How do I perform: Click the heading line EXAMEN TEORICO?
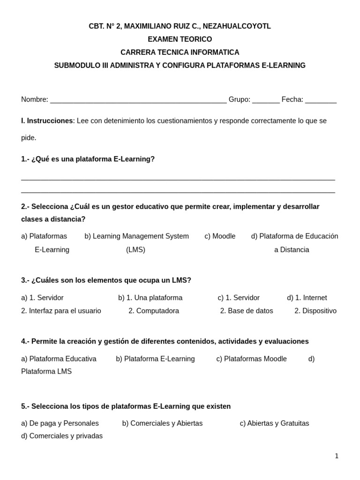180,39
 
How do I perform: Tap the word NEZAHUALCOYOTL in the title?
237,26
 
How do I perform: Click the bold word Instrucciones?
50,121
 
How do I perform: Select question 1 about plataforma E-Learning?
88,159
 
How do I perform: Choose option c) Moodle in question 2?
220,236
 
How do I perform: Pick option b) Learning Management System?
136,236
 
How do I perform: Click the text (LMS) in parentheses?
135,250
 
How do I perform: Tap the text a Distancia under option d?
292,250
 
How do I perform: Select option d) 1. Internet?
307,298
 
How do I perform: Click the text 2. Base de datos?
247,311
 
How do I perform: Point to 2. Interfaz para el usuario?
61,311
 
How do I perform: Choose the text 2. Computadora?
154,311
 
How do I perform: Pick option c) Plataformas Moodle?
251,359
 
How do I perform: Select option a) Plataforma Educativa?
59,359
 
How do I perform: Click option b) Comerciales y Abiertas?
162,423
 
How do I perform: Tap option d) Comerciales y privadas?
62,436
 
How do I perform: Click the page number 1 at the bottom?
337,456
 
